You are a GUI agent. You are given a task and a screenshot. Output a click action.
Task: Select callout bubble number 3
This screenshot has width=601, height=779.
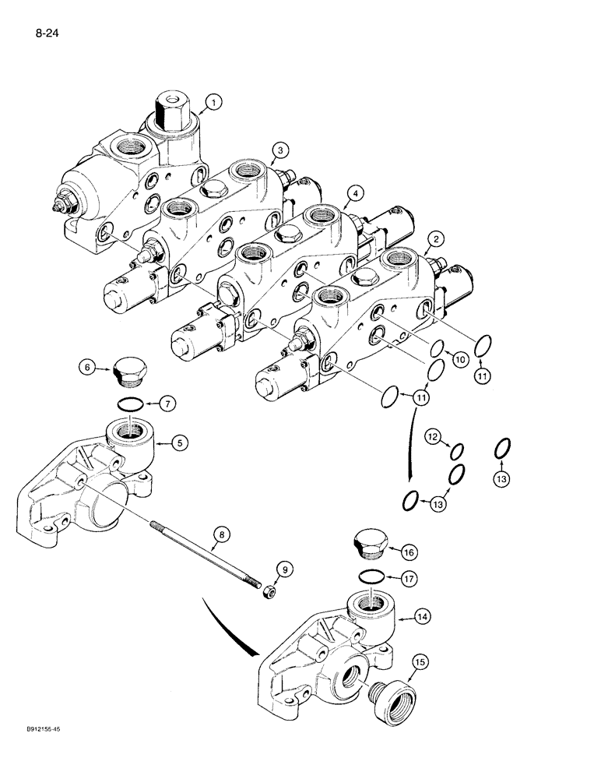[x=280, y=150]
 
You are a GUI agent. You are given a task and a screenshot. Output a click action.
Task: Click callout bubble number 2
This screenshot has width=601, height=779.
[x=438, y=239]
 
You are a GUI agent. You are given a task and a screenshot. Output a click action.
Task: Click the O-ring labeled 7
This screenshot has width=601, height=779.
[x=129, y=404]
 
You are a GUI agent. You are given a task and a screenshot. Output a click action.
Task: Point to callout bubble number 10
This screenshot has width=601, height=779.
[x=459, y=359]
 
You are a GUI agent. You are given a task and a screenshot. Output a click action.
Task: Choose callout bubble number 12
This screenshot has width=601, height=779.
[x=432, y=438]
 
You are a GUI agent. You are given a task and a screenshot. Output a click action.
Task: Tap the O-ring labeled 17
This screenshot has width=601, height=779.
[x=373, y=576]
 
